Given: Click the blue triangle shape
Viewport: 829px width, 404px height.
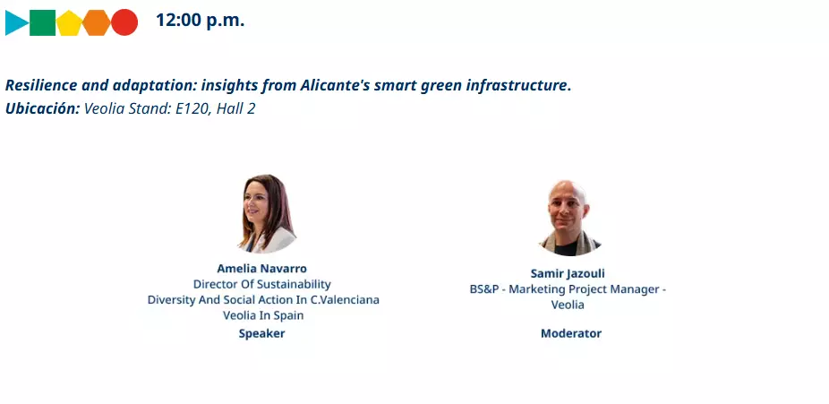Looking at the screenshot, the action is (15, 22).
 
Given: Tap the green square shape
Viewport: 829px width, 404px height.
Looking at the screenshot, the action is (42, 22).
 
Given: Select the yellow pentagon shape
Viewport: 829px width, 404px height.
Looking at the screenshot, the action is (69, 23).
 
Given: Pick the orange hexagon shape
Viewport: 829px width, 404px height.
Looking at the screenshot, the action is (96, 22).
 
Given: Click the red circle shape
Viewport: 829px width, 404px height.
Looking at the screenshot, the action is (124, 22).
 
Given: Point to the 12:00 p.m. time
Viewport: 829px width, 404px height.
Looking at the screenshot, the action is (200, 21).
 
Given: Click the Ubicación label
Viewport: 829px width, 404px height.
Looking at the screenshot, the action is (43, 109).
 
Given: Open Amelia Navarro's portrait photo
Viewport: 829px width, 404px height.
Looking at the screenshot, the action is (267, 213).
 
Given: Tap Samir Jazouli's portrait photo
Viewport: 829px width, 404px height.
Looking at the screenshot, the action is (569, 218).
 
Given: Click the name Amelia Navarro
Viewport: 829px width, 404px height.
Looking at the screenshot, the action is (261, 268).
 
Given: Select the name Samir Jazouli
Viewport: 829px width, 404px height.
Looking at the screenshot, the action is (568, 273).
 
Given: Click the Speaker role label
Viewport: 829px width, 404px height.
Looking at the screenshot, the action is (261, 333).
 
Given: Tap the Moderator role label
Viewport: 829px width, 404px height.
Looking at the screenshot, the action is (571, 333).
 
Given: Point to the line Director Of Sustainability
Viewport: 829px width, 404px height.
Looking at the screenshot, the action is (262, 285).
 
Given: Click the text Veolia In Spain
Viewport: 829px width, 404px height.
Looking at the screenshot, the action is (263, 315).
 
